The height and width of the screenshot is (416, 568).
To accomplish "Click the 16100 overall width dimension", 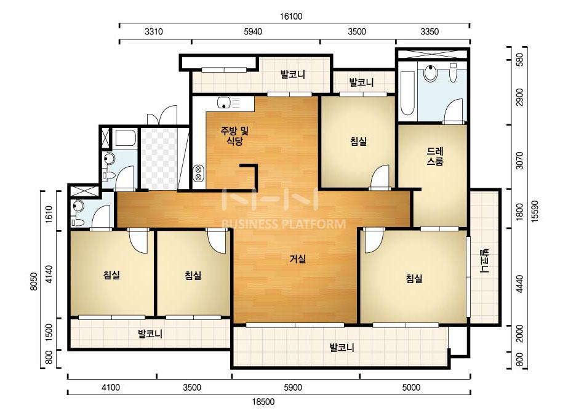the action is coord(291,16).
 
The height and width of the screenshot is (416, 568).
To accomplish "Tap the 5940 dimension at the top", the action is coord(253,31).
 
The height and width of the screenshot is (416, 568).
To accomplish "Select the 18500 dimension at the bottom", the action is coord(263,401).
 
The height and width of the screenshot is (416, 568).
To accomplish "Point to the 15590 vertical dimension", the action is coord(536,210).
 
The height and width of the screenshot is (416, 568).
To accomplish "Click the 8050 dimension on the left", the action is coord(34,281).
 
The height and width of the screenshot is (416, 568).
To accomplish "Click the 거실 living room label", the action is coord(298,258).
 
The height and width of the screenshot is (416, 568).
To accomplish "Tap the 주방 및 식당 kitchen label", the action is coord(234,135).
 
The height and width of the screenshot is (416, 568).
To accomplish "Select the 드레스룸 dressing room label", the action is coord(434,156).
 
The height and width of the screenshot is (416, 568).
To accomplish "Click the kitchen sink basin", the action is coord(224,103).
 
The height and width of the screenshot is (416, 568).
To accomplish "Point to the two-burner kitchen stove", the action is coord(199,173).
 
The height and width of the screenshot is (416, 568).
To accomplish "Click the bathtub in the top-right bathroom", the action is coord(407,93).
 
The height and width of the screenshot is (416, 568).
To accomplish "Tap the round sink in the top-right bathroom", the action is coord(430,73).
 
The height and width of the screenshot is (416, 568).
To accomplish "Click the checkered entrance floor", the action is coord(159,158).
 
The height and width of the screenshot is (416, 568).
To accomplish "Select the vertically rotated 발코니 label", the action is coord(485,261).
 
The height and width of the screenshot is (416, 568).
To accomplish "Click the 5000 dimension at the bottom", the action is coord(411,387).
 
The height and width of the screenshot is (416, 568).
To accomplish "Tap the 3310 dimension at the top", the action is coord(154,31).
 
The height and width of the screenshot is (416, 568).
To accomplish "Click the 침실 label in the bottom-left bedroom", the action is coord(111,275).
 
